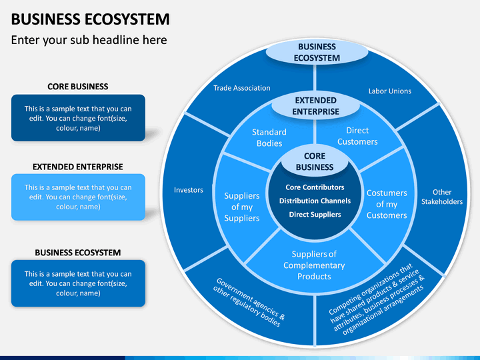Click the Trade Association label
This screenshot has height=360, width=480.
point(242,88)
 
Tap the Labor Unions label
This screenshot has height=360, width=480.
point(390,91)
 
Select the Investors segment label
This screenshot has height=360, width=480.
point(189,190)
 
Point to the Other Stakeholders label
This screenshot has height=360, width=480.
point(442,197)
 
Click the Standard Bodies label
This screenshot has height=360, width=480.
point(269,138)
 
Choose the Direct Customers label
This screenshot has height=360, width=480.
point(357,136)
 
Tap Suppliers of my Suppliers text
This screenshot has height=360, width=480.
point(242,207)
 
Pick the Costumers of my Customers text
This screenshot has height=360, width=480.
point(387,204)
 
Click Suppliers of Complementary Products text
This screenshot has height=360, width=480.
point(314,265)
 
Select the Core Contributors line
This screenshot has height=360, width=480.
point(315,187)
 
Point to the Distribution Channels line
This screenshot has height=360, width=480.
point(315,201)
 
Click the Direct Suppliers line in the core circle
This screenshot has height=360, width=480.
point(315,215)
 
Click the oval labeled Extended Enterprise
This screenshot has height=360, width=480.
point(315,106)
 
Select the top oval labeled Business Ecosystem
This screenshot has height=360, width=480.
point(317,53)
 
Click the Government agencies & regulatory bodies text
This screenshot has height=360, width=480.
point(249,303)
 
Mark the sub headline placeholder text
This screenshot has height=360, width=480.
point(89,40)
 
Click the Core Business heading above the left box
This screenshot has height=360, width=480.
point(78,87)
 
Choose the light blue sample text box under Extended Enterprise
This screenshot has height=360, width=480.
point(78,197)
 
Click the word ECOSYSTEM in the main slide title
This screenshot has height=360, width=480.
point(127,19)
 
